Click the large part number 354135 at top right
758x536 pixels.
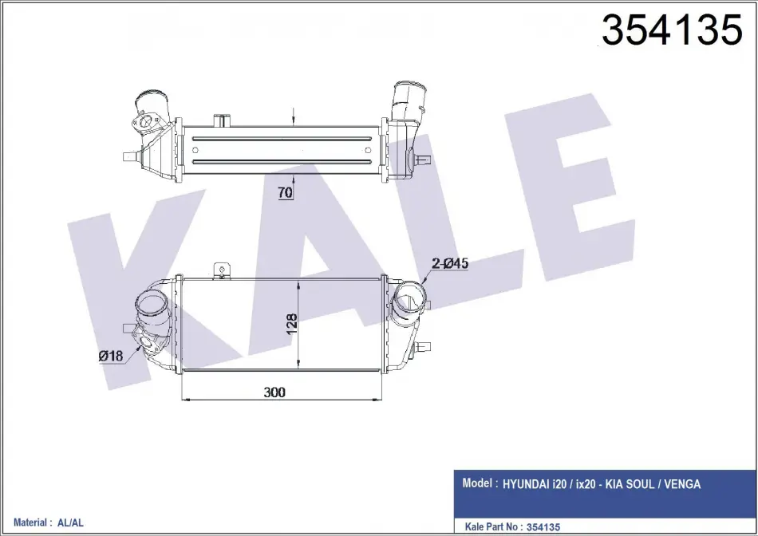click(672, 30)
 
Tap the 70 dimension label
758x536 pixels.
click(286, 193)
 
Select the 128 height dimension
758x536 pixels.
click(292, 324)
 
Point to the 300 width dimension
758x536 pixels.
click(274, 392)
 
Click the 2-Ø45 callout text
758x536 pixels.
click(450, 263)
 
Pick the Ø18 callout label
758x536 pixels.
click(111, 357)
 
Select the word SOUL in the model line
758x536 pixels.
click(640, 484)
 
